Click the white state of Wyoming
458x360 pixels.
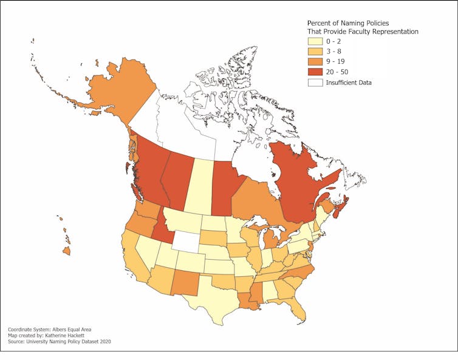[x=186, y=241]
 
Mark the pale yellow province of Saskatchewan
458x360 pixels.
[x=202, y=185]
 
